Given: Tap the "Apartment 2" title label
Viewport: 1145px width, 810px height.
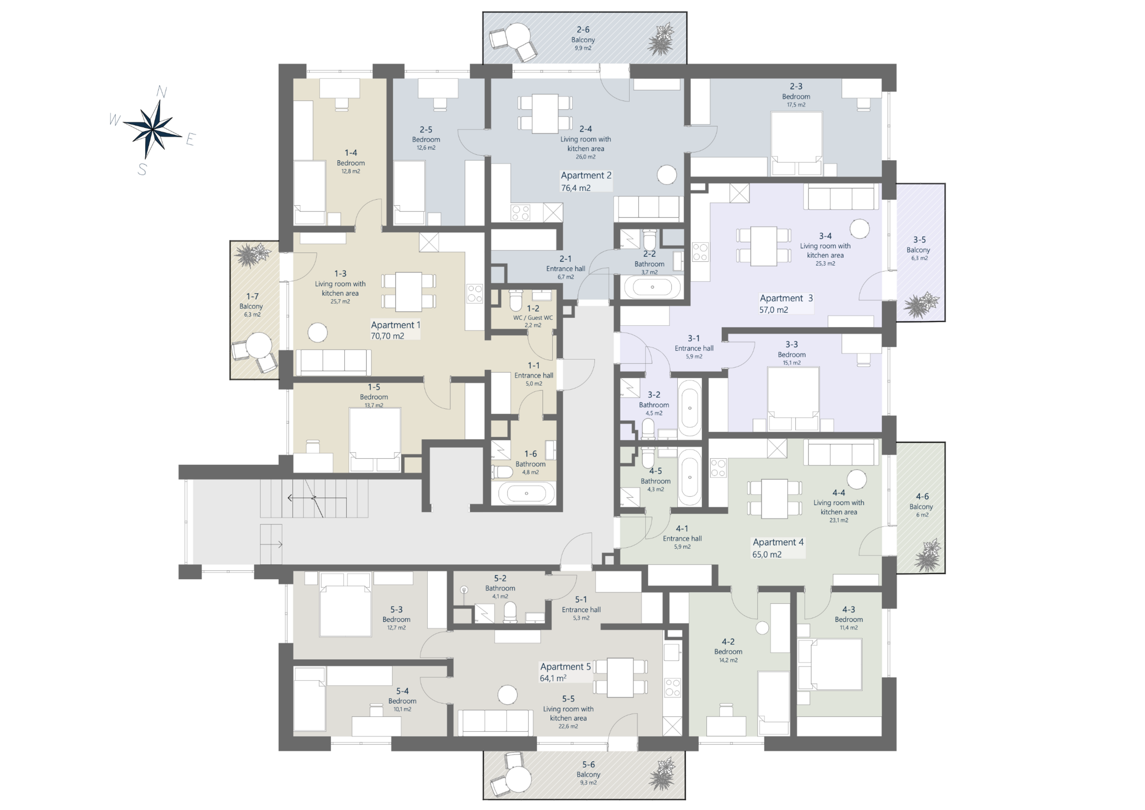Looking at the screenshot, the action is pos(586,175).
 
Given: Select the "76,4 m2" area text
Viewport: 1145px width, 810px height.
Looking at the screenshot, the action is pos(576,188).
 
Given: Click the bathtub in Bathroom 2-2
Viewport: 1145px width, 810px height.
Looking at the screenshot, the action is pos(652,287).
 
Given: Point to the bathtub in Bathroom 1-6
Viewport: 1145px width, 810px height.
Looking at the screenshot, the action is pos(526,493).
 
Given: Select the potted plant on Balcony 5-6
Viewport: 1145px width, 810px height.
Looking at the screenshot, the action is pos(662,774).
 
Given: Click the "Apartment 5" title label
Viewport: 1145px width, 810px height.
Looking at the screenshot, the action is pos(565,667).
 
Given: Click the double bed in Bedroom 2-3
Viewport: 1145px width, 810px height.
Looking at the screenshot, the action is pos(796,144).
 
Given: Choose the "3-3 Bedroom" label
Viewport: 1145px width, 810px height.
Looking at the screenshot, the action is pos(792,349).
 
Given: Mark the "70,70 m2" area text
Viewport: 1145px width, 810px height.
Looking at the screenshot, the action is pos(388,336).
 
